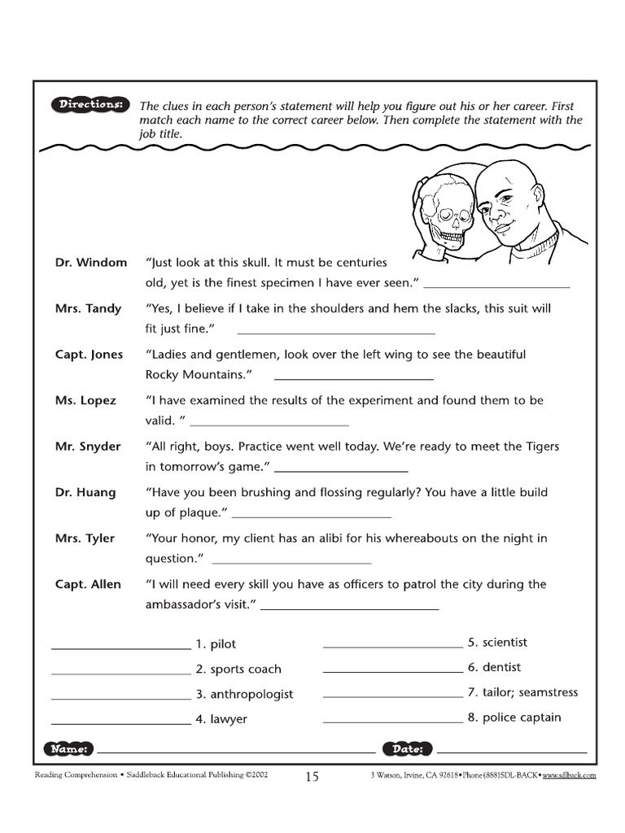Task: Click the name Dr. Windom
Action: [91, 263]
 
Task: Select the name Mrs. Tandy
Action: [88, 308]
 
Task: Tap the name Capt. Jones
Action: [89, 355]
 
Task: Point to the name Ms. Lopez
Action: [85, 400]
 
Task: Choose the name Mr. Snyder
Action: [88, 447]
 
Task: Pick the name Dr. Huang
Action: [85, 492]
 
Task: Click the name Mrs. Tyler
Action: [85, 539]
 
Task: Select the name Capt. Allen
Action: [88, 584]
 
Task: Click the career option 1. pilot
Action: [216, 644]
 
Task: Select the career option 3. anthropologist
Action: [243, 695]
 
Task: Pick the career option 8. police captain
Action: [514, 717]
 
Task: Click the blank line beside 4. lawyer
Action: [120, 722]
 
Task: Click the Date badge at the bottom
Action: [407, 748]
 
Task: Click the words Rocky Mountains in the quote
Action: [194, 374]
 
